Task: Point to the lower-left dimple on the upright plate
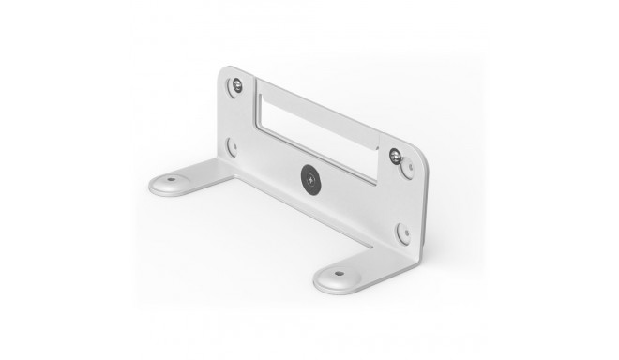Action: click(231, 146)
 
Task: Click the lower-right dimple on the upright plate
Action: click(402, 232)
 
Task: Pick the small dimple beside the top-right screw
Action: click(407, 168)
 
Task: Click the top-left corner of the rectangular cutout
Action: click(257, 82)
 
